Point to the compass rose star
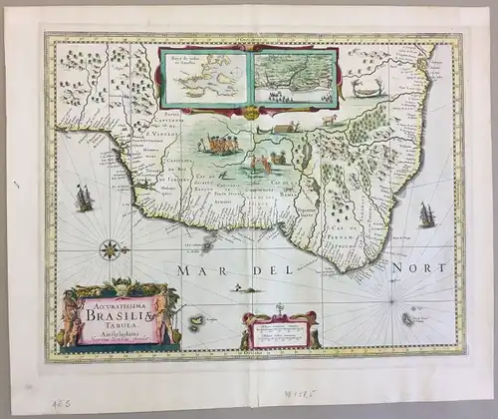[x=111, y=248]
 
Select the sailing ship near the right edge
[x=427, y=214]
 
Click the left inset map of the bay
[x=205, y=77]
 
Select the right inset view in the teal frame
[x=293, y=79]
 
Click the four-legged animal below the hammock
[x=330, y=122]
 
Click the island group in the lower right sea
[x=408, y=318]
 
